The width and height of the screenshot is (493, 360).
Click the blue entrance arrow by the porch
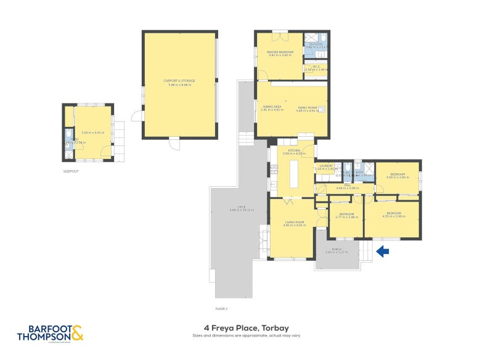coord(383,251)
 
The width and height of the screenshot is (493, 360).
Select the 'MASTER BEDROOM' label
coord(279,52)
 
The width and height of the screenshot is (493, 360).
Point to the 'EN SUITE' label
coord(316,44)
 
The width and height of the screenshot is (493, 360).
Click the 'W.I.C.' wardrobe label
coord(316,67)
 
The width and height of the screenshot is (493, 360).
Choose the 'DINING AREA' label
coord(272,107)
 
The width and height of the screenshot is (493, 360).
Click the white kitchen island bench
coord(292,176)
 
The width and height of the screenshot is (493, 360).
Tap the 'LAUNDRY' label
coord(326,165)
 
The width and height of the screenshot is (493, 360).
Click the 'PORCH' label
coord(337,249)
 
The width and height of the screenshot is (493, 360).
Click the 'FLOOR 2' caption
coord(221,308)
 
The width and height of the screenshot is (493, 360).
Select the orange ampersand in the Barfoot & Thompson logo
coord(76,334)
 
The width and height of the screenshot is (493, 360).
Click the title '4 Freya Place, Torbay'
coord(246,328)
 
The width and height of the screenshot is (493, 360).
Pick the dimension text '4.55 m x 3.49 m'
coord(393,216)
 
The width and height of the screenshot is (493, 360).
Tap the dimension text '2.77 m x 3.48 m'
coord(346,217)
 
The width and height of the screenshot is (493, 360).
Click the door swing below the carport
coord(176,145)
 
